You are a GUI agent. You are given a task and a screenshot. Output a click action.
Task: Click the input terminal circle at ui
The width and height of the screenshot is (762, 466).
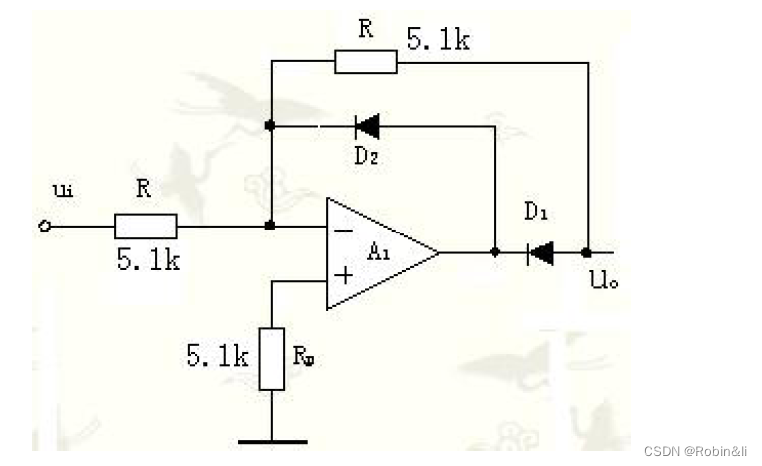point(44,226)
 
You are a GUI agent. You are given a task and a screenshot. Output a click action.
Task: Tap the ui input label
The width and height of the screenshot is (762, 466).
point(63,191)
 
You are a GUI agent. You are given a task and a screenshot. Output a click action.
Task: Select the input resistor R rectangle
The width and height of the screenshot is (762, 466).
point(146,227)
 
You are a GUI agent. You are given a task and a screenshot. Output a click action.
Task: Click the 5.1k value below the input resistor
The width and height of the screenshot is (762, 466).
point(148,259)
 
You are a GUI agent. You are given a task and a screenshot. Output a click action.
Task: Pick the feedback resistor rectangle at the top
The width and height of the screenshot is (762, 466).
point(366,62)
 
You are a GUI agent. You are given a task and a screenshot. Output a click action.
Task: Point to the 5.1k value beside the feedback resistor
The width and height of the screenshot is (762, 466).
point(438,39)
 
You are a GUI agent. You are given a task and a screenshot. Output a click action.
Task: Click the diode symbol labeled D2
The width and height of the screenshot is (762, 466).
point(367,126)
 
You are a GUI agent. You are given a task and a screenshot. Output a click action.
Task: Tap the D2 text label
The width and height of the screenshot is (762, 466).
point(366,156)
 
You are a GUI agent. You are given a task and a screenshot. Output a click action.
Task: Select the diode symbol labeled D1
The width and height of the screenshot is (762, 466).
point(540,253)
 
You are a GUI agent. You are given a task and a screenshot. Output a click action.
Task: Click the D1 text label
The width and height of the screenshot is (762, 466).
point(536,212)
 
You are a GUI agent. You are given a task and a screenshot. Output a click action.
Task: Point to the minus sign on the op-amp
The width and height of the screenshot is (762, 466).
point(344,231)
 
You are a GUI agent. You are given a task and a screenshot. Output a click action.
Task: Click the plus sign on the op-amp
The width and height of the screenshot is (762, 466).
point(344,275)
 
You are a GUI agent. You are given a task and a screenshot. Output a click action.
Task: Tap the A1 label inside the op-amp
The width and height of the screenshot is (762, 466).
point(379,252)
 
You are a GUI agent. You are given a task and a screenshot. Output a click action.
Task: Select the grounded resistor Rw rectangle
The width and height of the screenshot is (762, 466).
point(271,359)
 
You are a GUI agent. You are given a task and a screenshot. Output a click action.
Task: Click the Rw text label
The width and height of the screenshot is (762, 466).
point(304,356)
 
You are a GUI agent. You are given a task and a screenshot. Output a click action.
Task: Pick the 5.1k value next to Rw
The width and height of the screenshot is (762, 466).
point(217,355)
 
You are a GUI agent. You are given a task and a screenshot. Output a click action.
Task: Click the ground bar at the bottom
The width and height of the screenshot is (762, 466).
point(272,442)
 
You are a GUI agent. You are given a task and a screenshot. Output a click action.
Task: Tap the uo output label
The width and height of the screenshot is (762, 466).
point(604,279)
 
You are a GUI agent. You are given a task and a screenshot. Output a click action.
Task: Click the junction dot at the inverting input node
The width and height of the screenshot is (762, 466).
point(270,226)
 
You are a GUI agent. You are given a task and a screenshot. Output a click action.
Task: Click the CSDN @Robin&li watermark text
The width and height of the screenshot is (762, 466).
point(695,451)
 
